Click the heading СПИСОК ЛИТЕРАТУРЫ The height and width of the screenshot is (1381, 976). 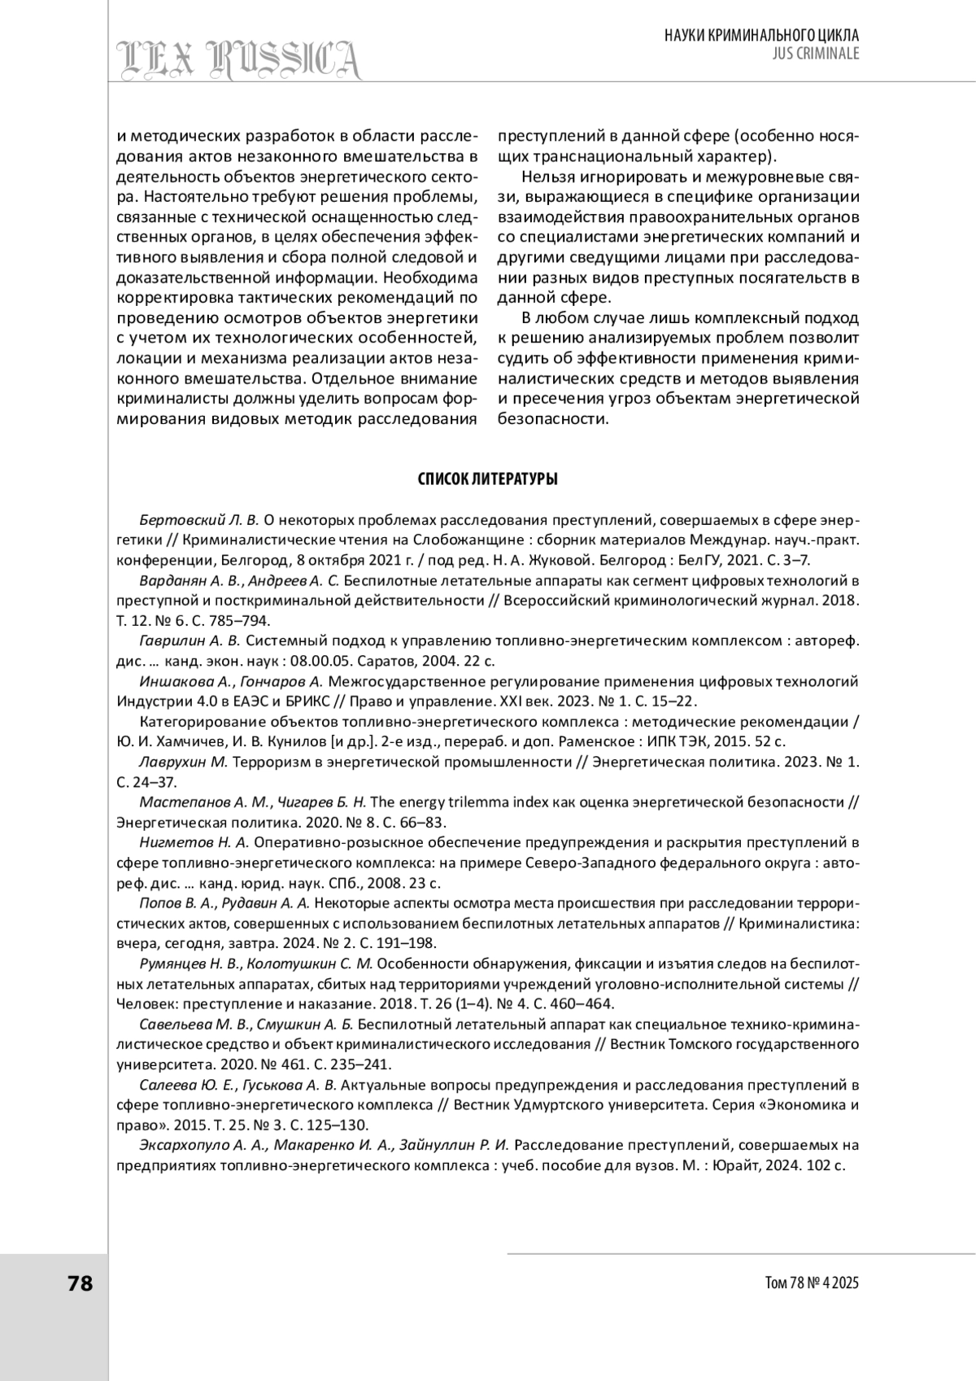click(x=487, y=479)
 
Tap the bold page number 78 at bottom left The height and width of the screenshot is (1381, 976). click(x=81, y=1283)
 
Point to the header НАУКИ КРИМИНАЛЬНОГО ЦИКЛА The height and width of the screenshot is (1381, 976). click(x=761, y=35)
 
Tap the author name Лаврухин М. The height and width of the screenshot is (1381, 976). click(x=183, y=762)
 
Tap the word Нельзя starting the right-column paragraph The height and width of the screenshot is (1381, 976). click(x=547, y=177)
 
